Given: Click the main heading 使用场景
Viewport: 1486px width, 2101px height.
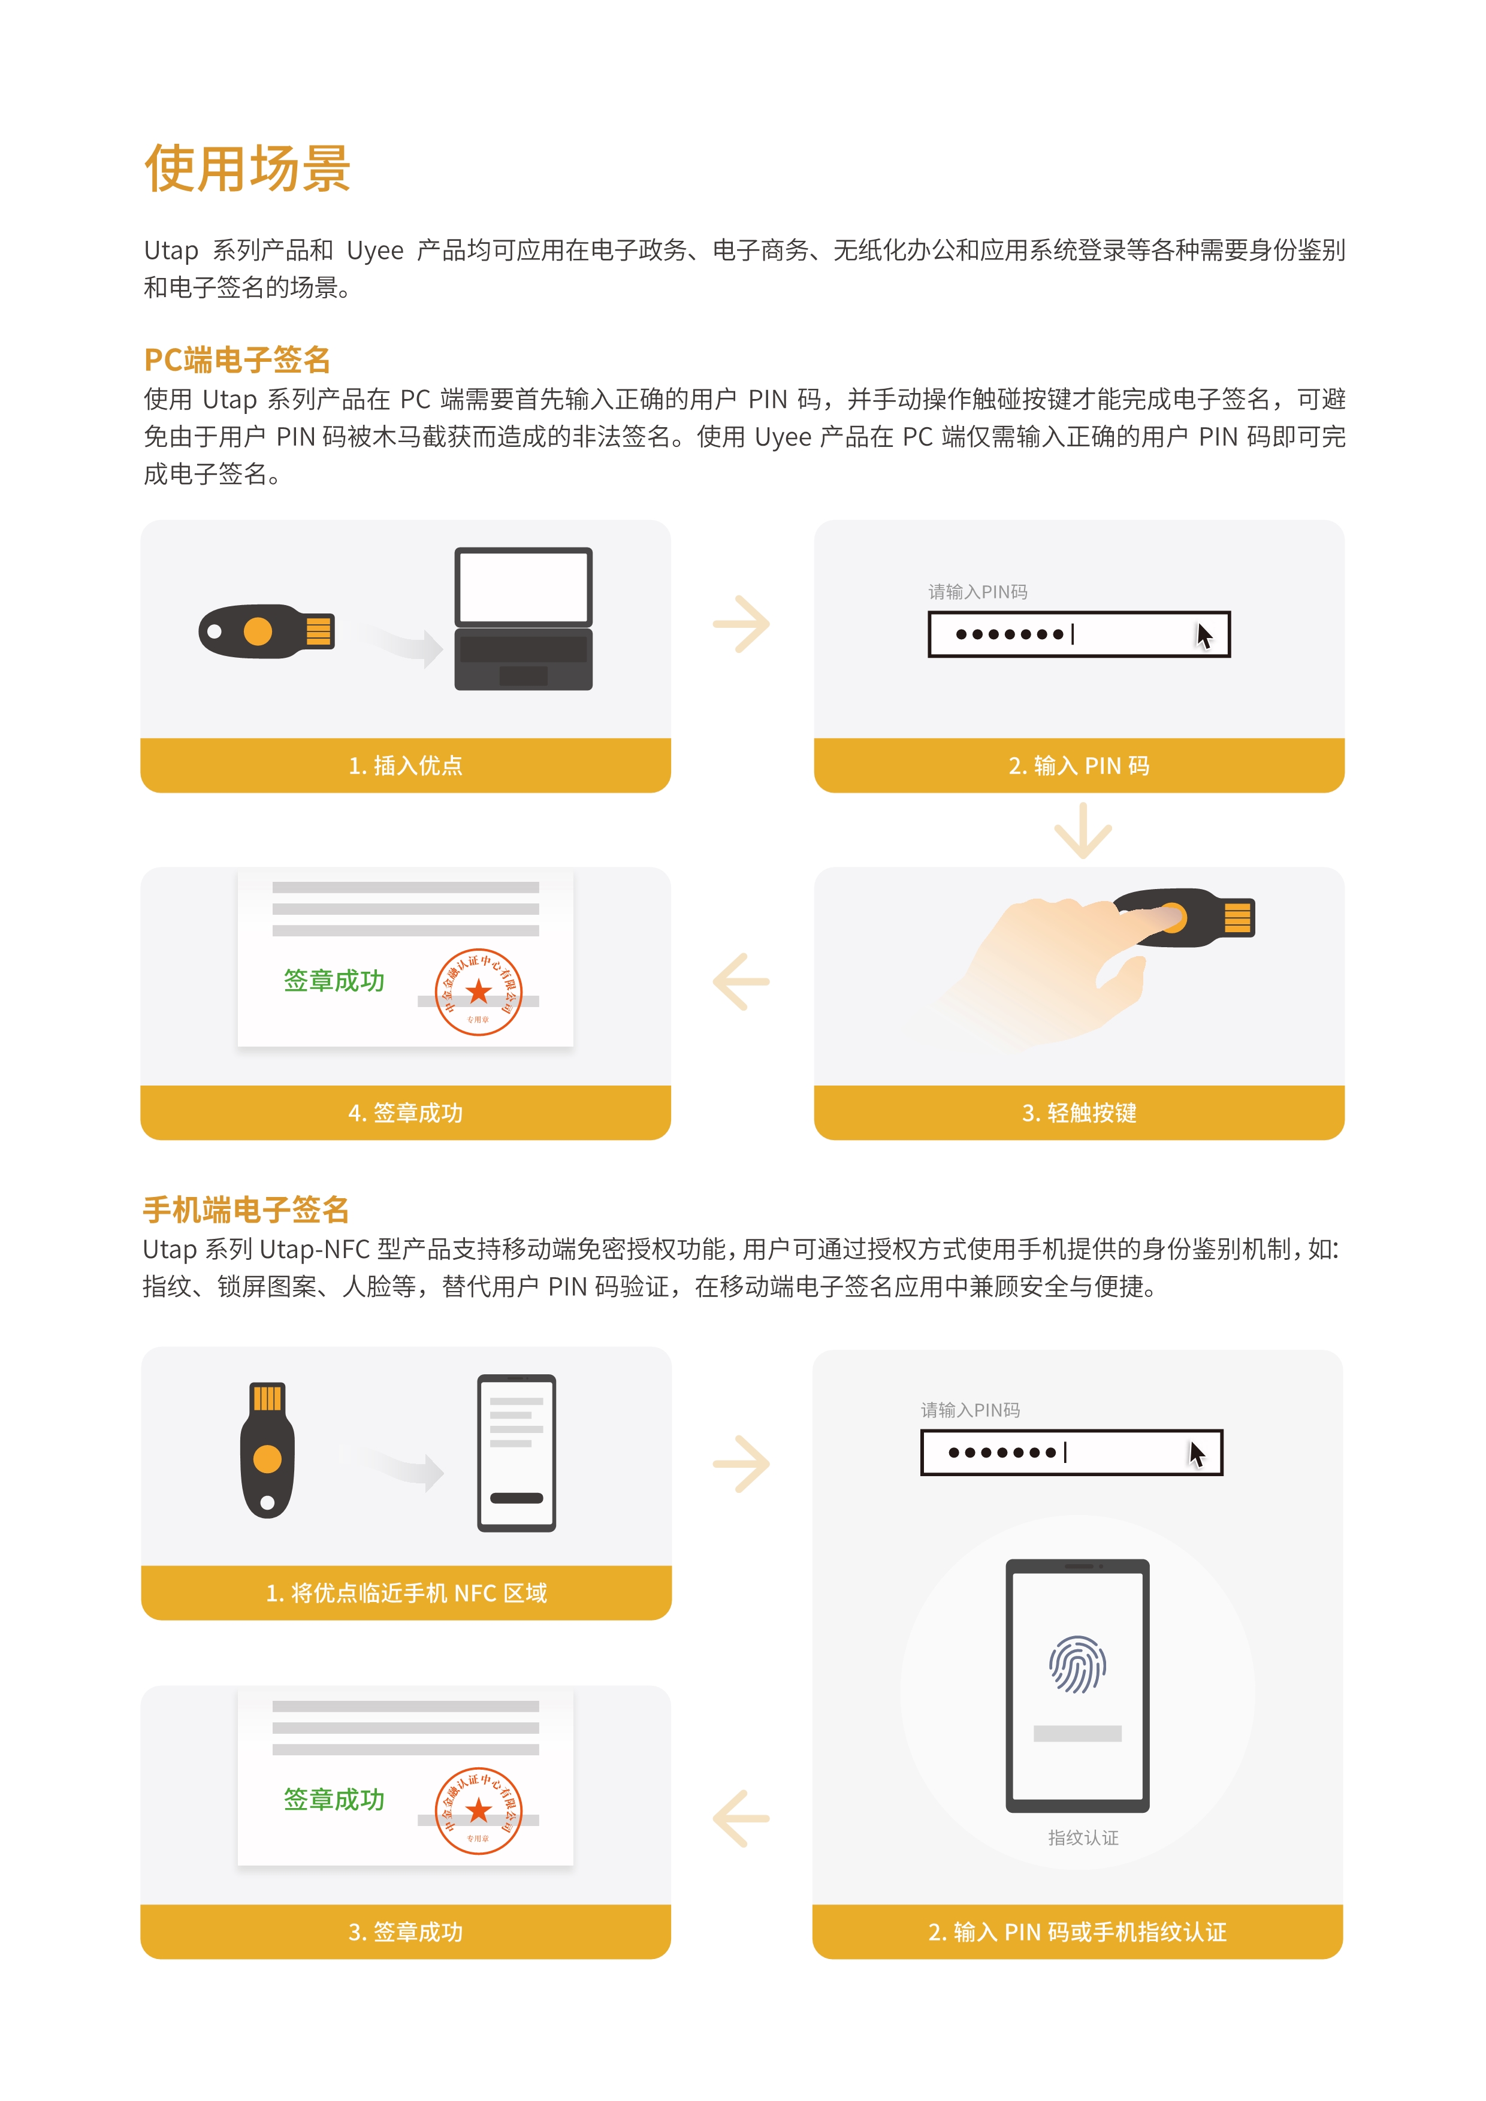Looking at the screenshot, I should [247, 170].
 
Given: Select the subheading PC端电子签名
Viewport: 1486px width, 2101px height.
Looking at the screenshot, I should [237, 359].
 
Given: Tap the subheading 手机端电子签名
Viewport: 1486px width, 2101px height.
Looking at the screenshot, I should [245, 1210].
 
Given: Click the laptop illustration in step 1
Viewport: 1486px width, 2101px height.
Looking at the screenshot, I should [523, 619].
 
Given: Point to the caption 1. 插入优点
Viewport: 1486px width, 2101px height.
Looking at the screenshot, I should [406, 766].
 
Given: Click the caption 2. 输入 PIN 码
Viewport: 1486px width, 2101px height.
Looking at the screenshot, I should [1079, 766].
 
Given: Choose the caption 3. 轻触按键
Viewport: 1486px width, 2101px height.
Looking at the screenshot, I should [1079, 1113].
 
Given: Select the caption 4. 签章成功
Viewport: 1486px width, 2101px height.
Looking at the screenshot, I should [406, 1113].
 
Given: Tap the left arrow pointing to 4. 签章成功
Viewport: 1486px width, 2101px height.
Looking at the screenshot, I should [741, 982].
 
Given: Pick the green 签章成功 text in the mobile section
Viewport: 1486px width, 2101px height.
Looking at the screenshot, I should [334, 1800].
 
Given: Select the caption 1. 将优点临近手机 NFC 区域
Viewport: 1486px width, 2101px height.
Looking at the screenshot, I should [406, 1593].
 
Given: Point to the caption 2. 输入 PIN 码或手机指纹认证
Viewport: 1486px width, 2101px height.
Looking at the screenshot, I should [1077, 1931].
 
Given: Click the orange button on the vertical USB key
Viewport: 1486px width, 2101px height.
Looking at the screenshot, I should [267, 1459].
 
